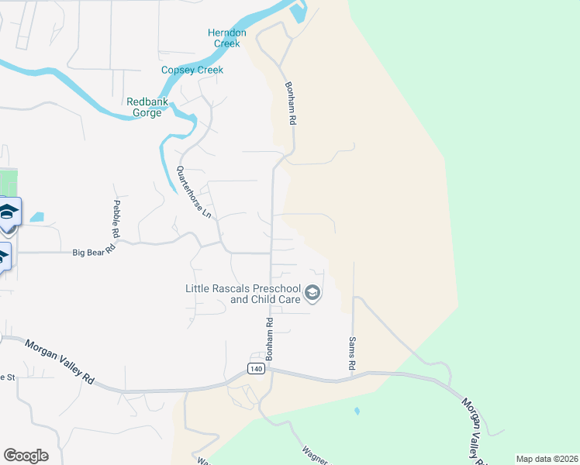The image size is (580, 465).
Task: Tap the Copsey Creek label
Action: [192, 71]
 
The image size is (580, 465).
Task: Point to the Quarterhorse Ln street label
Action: [194, 192]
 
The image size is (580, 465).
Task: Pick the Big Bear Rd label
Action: [94, 251]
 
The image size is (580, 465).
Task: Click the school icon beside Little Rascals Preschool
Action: [312, 292]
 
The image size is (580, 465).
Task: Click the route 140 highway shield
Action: [257, 369]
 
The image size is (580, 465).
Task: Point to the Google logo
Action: [26, 456]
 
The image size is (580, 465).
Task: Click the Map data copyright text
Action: [547, 459]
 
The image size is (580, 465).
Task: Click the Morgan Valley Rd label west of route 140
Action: [60, 362]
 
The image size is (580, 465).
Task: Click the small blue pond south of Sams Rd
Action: [357, 411]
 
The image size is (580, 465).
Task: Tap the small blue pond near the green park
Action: [37, 218]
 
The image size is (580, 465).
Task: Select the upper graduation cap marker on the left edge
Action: [9, 212]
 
